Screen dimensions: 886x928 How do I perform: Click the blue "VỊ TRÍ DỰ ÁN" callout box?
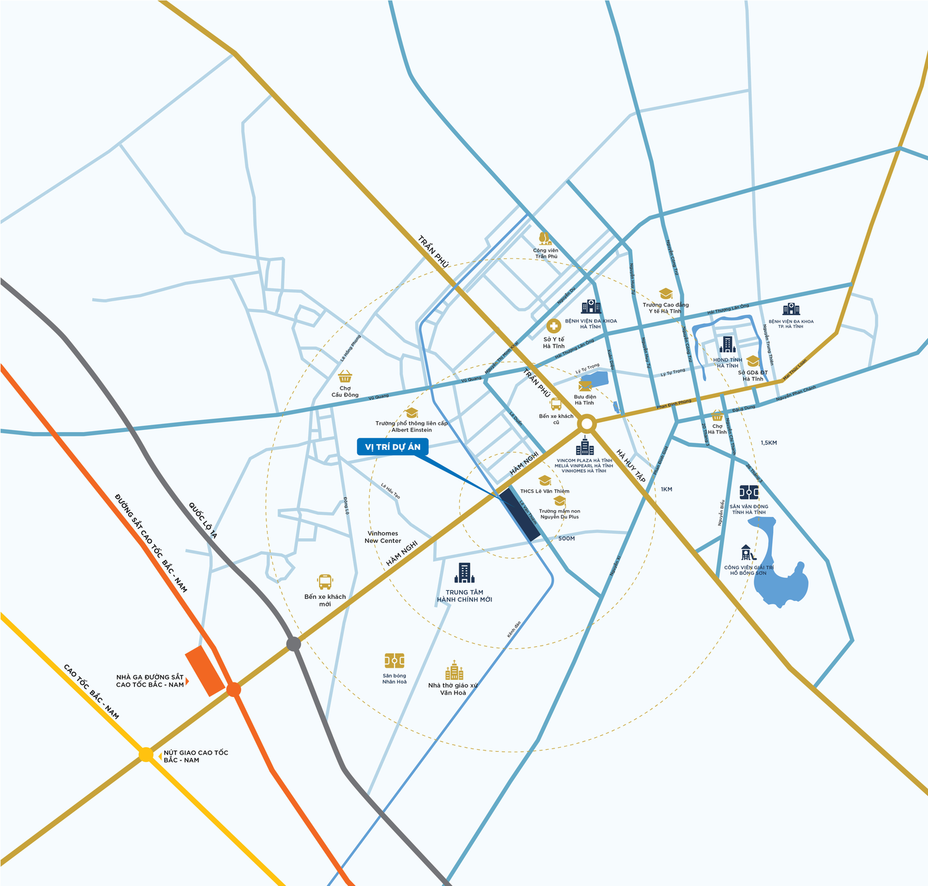tap(393, 447)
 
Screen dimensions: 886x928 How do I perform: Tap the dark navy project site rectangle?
tap(520, 514)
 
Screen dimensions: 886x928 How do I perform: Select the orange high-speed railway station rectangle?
tap(205, 670)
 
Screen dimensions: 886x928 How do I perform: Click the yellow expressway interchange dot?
tap(146, 754)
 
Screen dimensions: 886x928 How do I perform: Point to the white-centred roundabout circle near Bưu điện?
tap(587, 423)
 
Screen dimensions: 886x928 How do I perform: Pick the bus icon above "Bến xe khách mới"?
tap(325, 582)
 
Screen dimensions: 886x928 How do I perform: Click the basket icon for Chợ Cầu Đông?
tap(345, 377)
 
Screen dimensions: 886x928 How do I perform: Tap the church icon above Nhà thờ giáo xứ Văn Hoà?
tap(454, 671)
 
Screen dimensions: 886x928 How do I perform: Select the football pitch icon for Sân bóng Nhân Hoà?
tap(394, 661)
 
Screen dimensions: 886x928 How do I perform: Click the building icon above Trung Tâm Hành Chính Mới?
tap(464, 573)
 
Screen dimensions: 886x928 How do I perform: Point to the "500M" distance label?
tap(566, 538)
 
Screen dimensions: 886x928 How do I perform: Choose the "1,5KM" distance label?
tap(768, 443)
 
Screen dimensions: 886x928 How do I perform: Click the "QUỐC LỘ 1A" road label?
tap(203, 520)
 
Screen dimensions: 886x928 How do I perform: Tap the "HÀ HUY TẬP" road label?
tap(631, 466)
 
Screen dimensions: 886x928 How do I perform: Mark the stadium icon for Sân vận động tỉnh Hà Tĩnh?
tap(749, 493)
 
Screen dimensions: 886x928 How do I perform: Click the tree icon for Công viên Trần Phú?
tap(545, 238)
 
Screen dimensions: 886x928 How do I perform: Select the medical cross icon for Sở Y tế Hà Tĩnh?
tap(553, 326)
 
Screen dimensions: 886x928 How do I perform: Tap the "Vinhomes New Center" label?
tap(383, 537)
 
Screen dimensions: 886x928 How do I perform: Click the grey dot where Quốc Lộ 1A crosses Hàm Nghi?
tap(294, 644)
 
